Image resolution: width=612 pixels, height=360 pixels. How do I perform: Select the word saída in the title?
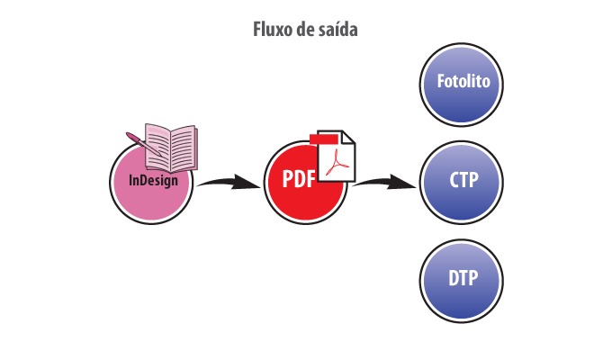coord(339,30)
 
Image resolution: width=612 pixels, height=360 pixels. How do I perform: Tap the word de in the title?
coord(307,30)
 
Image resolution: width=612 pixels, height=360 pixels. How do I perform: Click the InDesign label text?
coord(153,180)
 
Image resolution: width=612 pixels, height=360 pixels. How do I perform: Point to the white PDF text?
coord(299,178)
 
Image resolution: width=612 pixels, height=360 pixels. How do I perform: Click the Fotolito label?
coord(463,81)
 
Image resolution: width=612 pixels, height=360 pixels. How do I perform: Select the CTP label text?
coord(463,180)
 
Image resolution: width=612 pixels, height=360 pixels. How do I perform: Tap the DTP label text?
coord(463,278)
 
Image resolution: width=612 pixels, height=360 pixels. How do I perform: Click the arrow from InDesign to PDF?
coord(229,183)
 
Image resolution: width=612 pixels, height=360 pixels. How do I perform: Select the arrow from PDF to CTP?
coord(384,183)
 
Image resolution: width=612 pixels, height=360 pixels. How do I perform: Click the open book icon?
coord(171,148)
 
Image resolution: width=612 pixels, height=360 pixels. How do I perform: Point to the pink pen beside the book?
coord(144,144)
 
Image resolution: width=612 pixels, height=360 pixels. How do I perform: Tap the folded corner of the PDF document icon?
coord(348,137)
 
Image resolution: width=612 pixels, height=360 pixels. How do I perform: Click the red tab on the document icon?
coord(324,139)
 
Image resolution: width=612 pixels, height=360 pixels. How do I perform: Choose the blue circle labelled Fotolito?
coord(462,85)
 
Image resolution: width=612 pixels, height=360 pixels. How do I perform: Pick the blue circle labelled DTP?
coord(462,281)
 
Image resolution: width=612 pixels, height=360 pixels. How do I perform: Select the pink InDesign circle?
coord(151,183)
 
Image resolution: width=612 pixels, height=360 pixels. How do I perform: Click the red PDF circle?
coord(306,183)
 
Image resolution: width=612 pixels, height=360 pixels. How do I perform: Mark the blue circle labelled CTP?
coord(462,183)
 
